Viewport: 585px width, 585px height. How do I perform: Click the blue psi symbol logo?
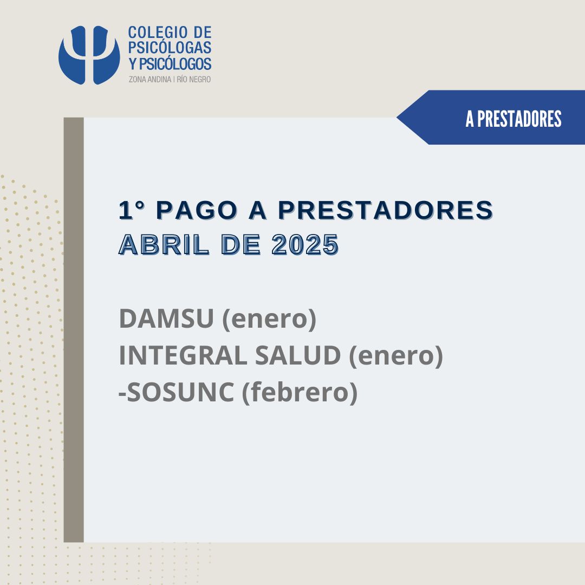[89, 55]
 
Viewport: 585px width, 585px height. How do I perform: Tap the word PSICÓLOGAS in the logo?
[170, 48]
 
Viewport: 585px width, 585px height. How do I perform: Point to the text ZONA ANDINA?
[150, 80]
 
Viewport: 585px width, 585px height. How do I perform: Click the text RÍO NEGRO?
[193, 80]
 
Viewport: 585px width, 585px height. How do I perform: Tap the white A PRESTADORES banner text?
[513, 119]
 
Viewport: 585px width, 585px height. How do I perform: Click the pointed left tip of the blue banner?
[397, 117]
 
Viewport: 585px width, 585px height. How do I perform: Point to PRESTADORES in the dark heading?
[386, 210]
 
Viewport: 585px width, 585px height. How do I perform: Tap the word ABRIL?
[164, 245]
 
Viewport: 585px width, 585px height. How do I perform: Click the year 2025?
[305, 245]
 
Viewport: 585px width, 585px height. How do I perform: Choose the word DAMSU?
[166, 318]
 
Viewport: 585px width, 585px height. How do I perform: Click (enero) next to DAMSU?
[269, 320]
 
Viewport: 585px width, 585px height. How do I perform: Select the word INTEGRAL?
[183, 355]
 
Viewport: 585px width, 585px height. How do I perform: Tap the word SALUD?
[298, 355]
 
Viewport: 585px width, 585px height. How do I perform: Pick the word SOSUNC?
[180, 392]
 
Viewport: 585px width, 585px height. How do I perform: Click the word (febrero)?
[300, 393]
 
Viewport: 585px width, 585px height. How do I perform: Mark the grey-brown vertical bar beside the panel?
[74, 330]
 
